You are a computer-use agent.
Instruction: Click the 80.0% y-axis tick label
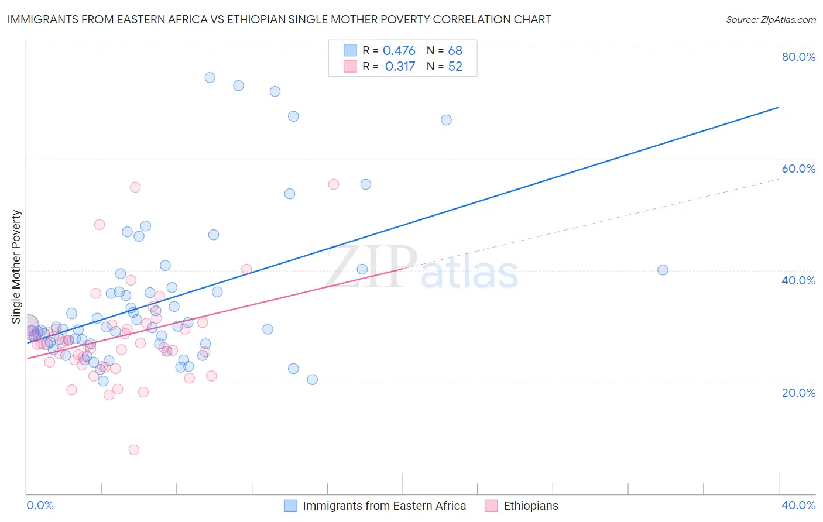(798, 57)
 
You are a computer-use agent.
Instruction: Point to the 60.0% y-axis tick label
(798, 169)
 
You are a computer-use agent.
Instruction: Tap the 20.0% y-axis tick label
(798, 393)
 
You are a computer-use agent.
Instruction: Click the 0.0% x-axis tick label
(40, 505)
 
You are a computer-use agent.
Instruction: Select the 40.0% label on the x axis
(798, 505)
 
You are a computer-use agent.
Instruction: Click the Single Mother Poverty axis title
(16, 267)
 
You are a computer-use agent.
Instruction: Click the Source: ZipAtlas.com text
(770, 20)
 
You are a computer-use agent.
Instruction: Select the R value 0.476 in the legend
(399, 51)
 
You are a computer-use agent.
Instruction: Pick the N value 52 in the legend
(455, 67)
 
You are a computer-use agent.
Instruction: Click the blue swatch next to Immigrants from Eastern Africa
(291, 506)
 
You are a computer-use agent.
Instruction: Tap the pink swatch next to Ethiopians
(491, 506)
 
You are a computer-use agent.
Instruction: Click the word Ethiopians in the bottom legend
(531, 506)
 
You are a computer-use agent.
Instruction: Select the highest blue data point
(210, 77)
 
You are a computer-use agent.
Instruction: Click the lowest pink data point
(134, 450)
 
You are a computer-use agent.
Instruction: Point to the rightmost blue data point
(663, 270)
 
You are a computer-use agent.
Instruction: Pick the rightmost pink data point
(334, 184)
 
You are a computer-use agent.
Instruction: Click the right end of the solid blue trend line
(779, 107)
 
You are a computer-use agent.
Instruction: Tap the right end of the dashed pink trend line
(779, 179)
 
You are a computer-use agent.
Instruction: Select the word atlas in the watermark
(469, 273)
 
